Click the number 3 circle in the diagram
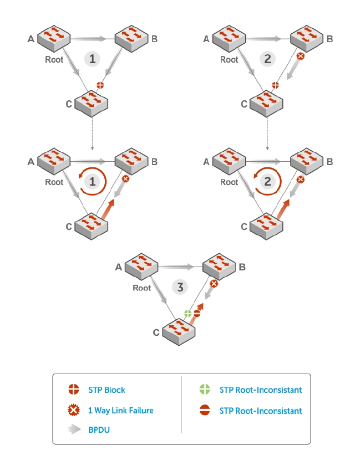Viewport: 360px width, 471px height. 180,287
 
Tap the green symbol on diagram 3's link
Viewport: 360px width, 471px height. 188,314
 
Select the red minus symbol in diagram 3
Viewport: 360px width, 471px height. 197,314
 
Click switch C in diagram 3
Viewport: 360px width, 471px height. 179,331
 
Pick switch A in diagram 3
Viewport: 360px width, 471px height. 141,267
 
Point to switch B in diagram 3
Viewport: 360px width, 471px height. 219,267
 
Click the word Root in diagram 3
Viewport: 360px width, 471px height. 141,288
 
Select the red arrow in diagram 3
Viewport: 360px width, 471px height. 197,313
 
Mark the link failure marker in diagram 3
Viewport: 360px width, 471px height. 214,284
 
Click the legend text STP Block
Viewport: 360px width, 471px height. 107,390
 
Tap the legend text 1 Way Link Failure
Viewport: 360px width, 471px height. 120,410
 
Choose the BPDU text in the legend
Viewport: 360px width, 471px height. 99,430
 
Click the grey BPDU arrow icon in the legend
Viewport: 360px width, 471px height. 74,429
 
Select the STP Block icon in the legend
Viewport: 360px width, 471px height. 74,390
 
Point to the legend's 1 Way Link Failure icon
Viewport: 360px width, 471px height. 74,410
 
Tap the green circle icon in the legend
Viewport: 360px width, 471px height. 205,390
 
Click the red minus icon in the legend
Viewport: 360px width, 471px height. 205,410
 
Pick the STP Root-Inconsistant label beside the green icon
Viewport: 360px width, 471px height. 261,390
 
